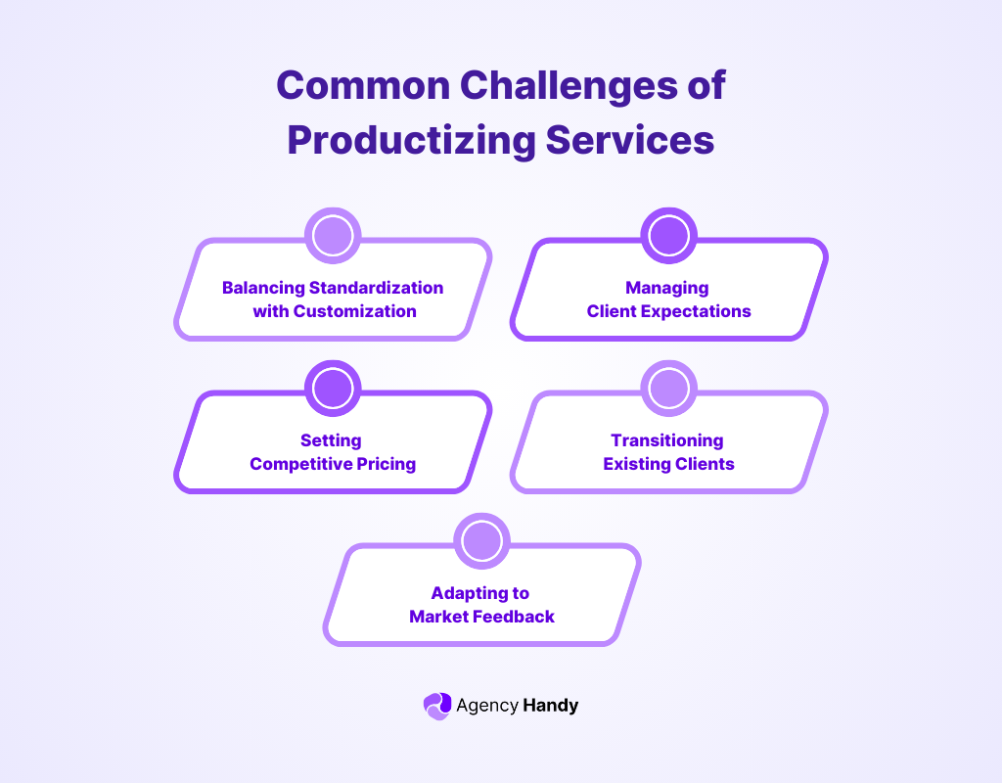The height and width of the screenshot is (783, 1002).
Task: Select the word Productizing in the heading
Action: (x=411, y=140)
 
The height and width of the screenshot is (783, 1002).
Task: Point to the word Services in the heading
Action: (x=630, y=140)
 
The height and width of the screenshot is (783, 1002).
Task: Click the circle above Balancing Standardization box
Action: (x=333, y=236)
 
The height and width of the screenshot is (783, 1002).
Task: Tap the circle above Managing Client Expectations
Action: (x=668, y=236)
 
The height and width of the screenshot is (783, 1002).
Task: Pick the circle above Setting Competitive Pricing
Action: (x=333, y=389)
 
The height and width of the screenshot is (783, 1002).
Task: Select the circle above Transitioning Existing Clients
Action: (x=668, y=389)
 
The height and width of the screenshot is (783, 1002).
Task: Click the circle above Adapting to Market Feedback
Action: (x=481, y=541)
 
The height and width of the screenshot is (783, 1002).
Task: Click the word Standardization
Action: (x=376, y=288)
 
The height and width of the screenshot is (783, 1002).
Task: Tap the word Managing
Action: (x=667, y=288)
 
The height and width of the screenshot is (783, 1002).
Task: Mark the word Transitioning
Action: (x=667, y=440)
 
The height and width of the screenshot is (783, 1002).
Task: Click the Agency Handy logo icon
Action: (x=436, y=705)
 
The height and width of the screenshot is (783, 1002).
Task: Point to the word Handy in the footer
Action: (x=551, y=705)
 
